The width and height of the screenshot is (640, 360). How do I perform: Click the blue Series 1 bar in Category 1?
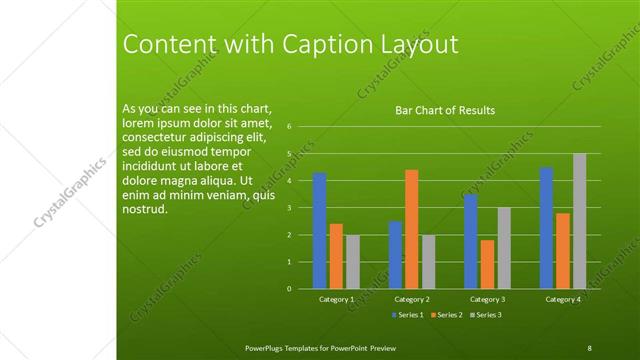(320, 230)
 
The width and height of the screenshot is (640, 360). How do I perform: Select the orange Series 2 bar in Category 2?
(411, 229)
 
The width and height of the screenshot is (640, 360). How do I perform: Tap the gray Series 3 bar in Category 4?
(579, 221)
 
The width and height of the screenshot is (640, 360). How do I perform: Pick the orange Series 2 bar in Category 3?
(487, 264)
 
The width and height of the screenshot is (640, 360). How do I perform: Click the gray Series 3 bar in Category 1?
(352, 262)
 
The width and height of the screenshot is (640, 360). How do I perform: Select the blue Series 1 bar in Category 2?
(395, 255)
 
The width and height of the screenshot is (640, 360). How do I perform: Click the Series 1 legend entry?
(408, 315)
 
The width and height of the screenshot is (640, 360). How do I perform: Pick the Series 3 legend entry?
(485, 315)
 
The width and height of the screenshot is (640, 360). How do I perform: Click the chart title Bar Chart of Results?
(445, 110)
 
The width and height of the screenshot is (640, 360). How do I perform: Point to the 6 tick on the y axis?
(288, 127)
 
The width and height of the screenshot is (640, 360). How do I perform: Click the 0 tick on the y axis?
(288, 289)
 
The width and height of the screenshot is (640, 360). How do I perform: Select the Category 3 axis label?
(489, 300)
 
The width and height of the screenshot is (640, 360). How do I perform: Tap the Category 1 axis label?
(336, 300)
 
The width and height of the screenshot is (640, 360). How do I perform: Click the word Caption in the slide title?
(310, 45)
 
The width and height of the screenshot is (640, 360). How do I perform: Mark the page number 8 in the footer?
(589, 347)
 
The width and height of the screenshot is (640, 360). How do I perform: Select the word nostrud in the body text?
(143, 210)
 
